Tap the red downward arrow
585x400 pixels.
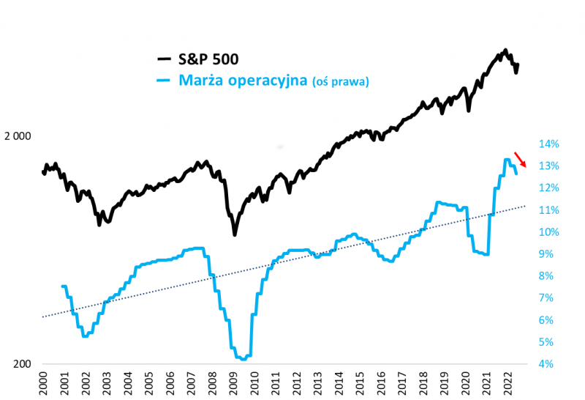pyautogui.click(x=520, y=159)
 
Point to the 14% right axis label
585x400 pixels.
pyautogui.click(x=550, y=144)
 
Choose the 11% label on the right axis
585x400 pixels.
pyautogui.click(x=550, y=210)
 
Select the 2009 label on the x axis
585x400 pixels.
pyautogui.click(x=233, y=382)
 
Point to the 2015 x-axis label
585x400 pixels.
pyautogui.click(x=361, y=382)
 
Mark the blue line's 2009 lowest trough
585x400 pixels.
pyautogui.click(x=243, y=359)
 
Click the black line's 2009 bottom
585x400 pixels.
pyautogui.click(x=235, y=234)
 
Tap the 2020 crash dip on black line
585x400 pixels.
pyautogui.click(x=468, y=111)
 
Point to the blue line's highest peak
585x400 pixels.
pyautogui.click(x=506, y=160)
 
